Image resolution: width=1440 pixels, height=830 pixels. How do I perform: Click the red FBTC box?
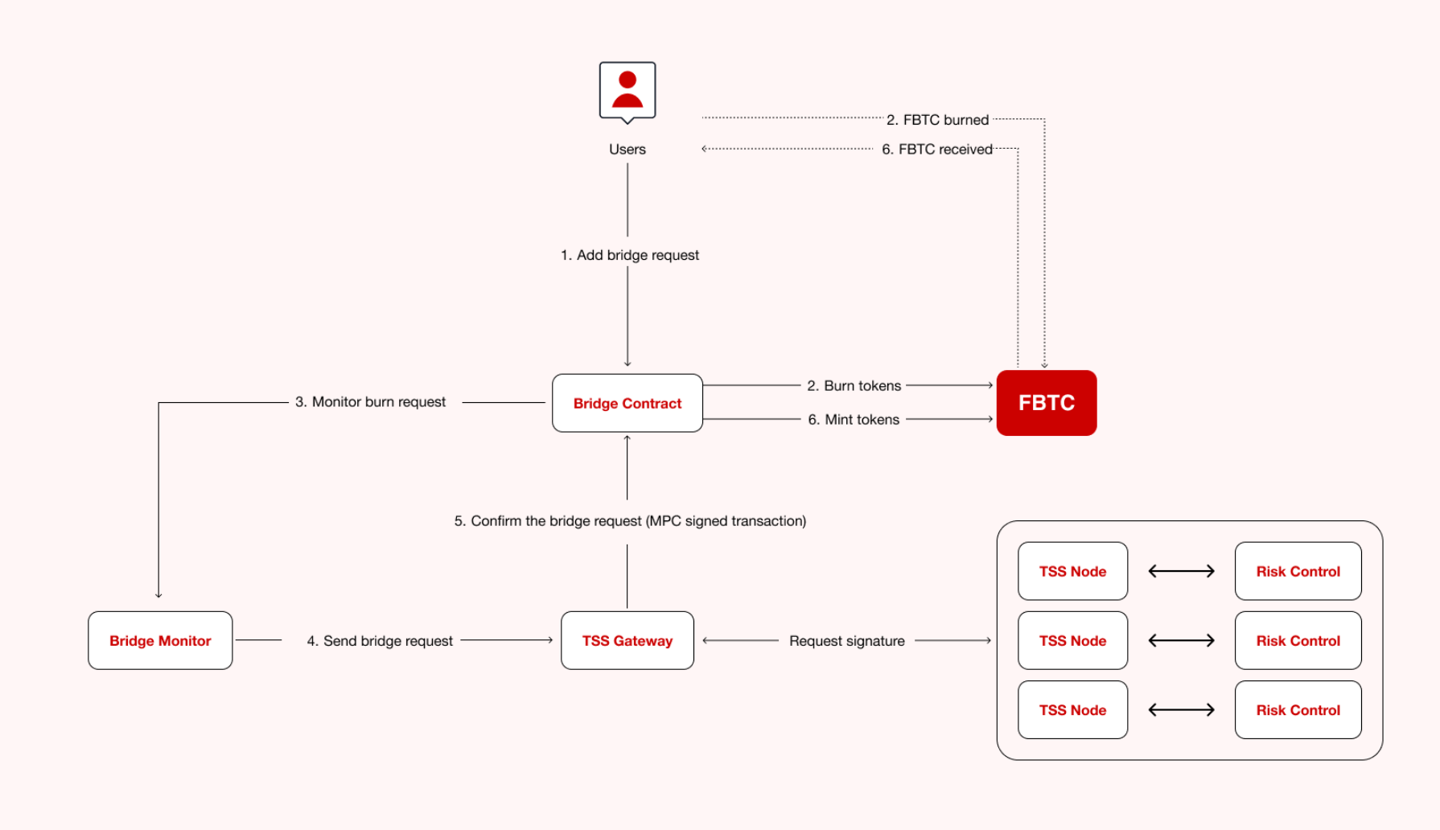tap(1046, 403)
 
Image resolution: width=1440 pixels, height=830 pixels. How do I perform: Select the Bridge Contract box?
tap(627, 403)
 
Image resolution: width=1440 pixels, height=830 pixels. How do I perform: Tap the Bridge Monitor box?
tap(160, 640)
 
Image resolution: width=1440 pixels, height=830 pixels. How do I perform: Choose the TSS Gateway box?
tap(627, 640)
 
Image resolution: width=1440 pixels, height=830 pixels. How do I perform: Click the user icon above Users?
tap(627, 91)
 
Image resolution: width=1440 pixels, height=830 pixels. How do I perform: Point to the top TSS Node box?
tap(1072, 571)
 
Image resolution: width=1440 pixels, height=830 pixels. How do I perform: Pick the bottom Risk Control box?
tap(1298, 709)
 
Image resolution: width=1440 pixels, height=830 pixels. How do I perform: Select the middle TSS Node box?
tap(1072, 640)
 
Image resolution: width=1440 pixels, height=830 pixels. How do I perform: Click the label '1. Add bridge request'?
tap(630, 255)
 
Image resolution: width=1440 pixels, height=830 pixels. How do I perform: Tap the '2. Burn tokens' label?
tap(854, 386)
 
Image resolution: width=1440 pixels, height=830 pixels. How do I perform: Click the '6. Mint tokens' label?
tap(854, 420)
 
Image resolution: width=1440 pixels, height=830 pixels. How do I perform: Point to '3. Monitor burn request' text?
tap(370, 402)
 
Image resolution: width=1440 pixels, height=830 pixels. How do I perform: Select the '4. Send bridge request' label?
tap(380, 641)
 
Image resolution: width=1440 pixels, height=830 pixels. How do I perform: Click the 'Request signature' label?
tap(846, 641)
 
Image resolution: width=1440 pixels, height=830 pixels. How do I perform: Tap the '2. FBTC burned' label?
tap(937, 120)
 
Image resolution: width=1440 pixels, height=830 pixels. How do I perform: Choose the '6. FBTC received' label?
tap(936, 150)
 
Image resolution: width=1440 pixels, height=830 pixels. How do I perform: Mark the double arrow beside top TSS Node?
tap(1181, 571)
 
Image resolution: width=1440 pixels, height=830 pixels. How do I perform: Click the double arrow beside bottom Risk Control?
tap(1181, 709)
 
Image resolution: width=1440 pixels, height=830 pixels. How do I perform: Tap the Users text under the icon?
tap(627, 150)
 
